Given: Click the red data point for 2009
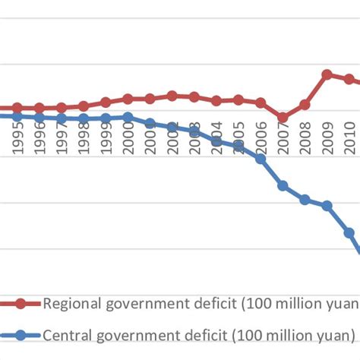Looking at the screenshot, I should coord(327,74).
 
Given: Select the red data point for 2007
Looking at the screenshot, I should coord(283,118).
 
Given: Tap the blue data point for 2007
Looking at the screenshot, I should coord(283,186).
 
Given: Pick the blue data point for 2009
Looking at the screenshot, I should coord(327,206).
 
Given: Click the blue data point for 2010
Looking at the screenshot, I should coord(349,232).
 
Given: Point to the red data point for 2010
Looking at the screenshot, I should coord(349,80).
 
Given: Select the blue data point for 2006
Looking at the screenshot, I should coord(261,159).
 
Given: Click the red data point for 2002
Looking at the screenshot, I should coord(172,96).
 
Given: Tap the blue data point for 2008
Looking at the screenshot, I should coord(305,200).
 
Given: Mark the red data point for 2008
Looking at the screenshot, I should coord(305,104).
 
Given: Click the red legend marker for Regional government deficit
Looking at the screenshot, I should coord(21,304).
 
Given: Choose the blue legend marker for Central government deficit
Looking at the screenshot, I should coord(21,334).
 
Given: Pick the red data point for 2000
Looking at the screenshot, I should coord(128,99).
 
